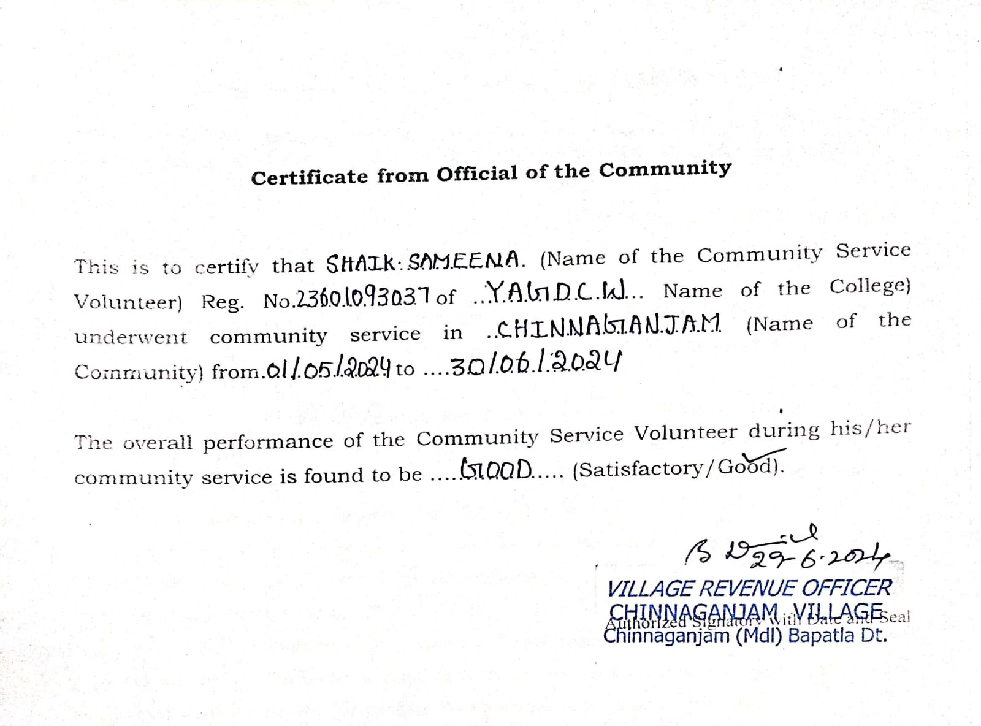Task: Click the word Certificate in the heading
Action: tap(310, 177)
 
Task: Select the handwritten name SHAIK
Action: tap(362, 264)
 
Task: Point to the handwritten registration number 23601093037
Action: tap(364, 299)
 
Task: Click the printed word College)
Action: tap(870, 286)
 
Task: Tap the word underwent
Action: tap(131, 337)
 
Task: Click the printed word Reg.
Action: tap(222, 302)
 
